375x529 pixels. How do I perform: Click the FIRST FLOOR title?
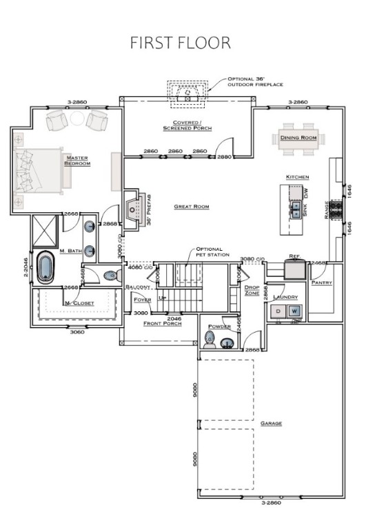pyautogui.click(x=181, y=43)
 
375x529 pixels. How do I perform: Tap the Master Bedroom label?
pyautogui.click(x=77, y=160)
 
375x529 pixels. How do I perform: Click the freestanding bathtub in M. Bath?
pyautogui.click(x=45, y=267)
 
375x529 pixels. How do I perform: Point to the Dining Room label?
pyautogui.click(x=298, y=138)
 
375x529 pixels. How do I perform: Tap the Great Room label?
pyautogui.click(x=192, y=207)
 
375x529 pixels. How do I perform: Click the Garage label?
pyautogui.click(x=271, y=423)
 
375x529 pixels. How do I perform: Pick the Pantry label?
pyautogui.click(x=321, y=283)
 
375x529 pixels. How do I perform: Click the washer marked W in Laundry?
pyautogui.click(x=294, y=311)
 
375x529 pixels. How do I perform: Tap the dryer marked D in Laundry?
pyautogui.click(x=278, y=311)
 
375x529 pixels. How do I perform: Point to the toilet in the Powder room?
pyautogui.click(x=212, y=338)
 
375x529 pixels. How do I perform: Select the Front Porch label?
pyautogui.click(x=163, y=323)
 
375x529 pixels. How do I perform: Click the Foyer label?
pyautogui.click(x=142, y=300)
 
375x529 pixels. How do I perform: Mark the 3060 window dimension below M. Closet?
pyautogui.click(x=76, y=331)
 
